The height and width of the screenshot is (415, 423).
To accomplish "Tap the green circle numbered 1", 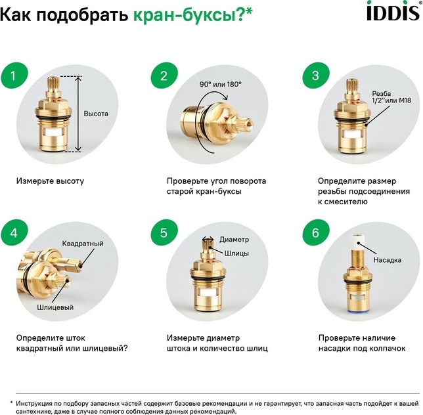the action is tap(14, 76).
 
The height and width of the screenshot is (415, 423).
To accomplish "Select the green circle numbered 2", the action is tap(164, 76).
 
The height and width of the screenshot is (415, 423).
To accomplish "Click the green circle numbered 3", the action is tap(316, 76).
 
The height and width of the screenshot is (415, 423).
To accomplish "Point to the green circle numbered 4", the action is tap(14, 232).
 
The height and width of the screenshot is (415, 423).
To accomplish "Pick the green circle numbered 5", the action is tap(164, 232).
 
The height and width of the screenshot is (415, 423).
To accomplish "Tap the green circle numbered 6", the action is tap(316, 232).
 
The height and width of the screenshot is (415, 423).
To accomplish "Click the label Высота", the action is tap(96, 114).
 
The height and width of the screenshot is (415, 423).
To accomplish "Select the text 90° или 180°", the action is tap(221, 85).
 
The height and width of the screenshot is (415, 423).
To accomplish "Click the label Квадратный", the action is tap(83, 244).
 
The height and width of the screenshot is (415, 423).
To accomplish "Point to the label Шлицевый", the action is tap(55, 307).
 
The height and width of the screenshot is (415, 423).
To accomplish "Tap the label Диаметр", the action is tap(234, 240).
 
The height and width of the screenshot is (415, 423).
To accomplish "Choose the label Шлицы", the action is tap(236, 253).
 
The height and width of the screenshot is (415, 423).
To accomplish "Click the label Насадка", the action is tap(387, 260).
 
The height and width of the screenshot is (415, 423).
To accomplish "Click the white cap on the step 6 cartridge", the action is tap(357, 242).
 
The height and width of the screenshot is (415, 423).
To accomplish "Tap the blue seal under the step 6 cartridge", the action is tap(358, 313).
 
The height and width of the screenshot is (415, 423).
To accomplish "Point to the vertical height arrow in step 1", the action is tap(78, 114).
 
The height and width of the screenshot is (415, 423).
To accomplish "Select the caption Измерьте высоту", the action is tap(50, 181).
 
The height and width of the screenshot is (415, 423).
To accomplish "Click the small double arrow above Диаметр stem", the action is tap(208, 239).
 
